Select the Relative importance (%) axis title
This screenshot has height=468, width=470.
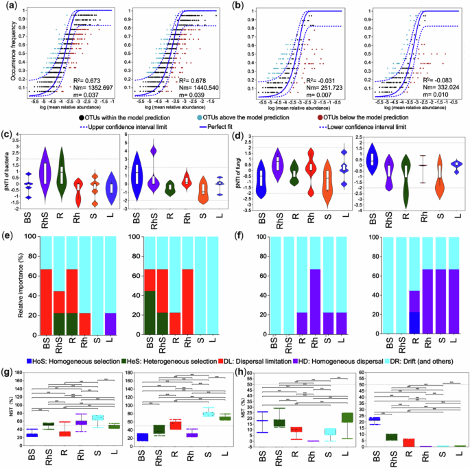click(14, 286)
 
